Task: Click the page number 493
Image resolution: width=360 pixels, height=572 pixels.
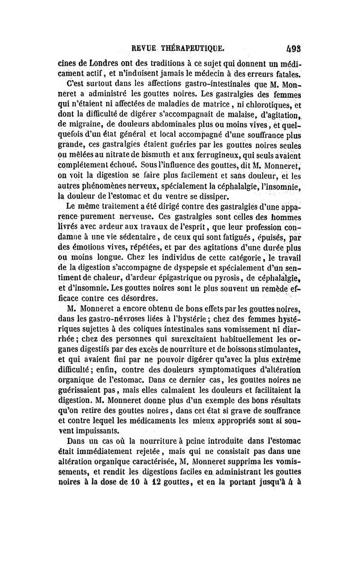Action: [299, 47]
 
